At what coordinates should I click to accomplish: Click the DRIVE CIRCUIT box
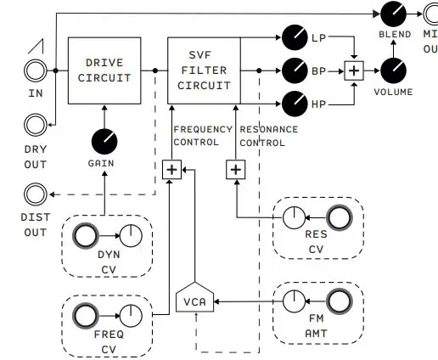[103, 70]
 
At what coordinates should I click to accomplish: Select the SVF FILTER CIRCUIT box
[204, 70]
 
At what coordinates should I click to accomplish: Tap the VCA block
[197, 299]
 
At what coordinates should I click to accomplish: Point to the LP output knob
[294, 37]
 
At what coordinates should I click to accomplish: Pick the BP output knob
[294, 70]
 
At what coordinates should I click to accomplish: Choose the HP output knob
[294, 103]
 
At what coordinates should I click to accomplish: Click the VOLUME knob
[394, 70]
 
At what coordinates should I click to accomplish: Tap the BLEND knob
[394, 14]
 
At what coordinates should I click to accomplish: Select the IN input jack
[36, 70]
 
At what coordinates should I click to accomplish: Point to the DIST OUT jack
[36, 195]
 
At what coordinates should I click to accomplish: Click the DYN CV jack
[87, 236]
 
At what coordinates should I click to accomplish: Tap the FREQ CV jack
[87, 318]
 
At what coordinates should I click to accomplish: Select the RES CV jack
[339, 218]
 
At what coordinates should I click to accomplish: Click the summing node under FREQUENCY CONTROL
[171, 170]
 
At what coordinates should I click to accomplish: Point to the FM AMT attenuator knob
[294, 299]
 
